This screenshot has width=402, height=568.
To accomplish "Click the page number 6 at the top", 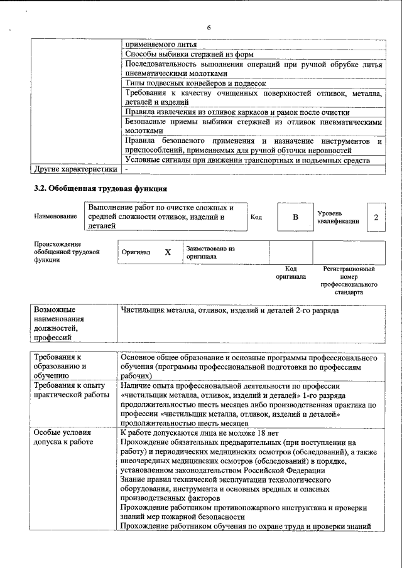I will (x=209, y=27).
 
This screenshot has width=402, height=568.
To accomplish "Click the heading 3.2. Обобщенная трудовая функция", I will (x=100, y=188).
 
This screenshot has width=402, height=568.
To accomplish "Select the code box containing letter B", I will (x=295, y=217).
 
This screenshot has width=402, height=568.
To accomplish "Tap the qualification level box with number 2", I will (x=376, y=217).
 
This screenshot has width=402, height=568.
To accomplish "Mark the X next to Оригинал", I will (x=168, y=252).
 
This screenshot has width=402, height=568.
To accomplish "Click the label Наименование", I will (x=56, y=217).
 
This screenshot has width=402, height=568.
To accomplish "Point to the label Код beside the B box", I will (x=256, y=217).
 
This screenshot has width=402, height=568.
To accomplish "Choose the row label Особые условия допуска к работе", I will (x=63, y=438).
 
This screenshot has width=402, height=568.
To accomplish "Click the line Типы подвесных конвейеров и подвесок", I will (x=196, y=83).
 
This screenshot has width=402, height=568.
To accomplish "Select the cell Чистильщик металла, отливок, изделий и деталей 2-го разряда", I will (x=229, y=311).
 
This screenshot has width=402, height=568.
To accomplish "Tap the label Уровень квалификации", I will (x=339, y=217).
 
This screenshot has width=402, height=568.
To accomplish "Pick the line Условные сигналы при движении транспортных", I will (x=246, y=160).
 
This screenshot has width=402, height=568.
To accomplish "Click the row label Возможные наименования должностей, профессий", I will (x=59, y=324).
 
